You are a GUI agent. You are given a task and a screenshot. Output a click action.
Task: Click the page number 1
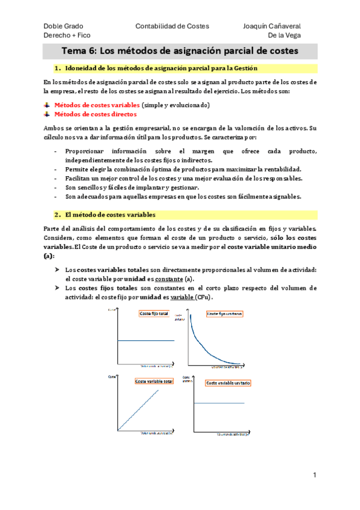click(x=314, y=475)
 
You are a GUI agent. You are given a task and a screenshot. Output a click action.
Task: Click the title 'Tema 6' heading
click(x=180, y=51)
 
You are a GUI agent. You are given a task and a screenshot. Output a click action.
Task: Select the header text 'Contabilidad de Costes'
click(x=172, y=26)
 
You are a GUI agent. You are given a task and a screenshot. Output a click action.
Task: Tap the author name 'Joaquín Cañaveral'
click(x=272, y=26)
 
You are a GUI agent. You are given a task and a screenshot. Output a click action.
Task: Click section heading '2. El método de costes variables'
click(x=105, y=214)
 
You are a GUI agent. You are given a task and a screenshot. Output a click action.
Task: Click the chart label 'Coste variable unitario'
click(x=228, y=382)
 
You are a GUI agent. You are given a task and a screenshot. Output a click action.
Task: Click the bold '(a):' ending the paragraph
click(x=49, y=255)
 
